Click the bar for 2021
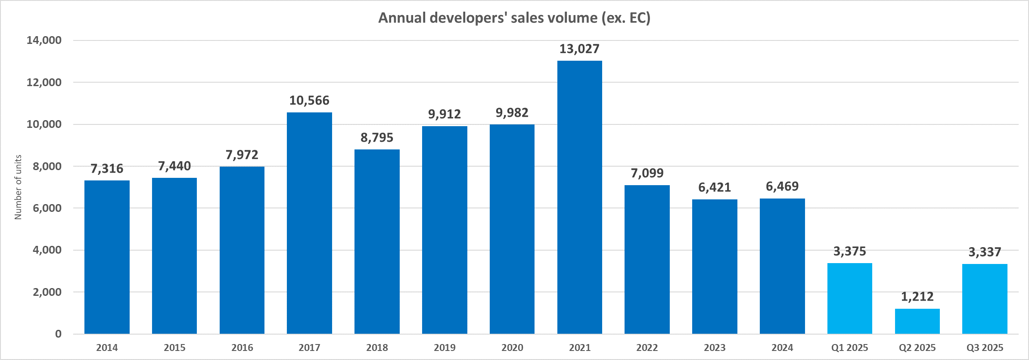coord(579,197)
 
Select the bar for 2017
coord(309,223)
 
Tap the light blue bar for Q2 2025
coord(917,321)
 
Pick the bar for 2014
coord(107,257)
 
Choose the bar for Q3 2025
coord(985,299)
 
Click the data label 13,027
coord(579,49)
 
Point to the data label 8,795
coord(377,138)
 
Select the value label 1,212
coord(917,297)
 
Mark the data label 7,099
coord(647,173)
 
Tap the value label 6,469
coord(782,186)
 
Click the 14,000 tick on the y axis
coord(44,40)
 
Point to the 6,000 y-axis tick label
coord(47,208)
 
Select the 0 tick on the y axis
coord(58,334)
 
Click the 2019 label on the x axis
coord(445,348)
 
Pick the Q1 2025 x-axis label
coord(849,348)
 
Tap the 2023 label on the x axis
coord(715,348)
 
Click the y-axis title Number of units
coord(18,187)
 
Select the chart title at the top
coord(514,18)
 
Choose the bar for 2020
coord(512,229)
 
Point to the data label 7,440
coord(174,166)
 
